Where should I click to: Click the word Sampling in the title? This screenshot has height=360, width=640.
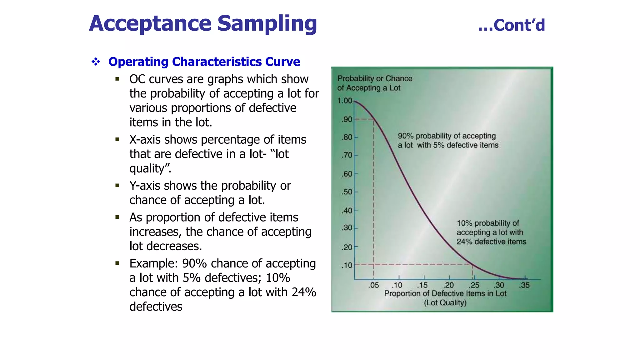click(x=267, y=24)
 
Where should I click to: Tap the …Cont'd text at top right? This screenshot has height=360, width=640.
click(x=512, y=25)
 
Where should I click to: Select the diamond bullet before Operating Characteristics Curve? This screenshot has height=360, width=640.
click(x=96, y=62)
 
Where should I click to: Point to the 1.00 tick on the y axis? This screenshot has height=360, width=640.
click(x=345, y=101)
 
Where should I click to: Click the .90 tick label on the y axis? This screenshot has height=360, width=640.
click(x=347, y=119)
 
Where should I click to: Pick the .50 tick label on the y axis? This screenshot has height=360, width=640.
click(x=347, y=192)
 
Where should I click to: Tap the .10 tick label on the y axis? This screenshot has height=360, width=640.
click(x=347, y=265)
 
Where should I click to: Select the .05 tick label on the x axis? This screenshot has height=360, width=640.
click(x=373, y=285)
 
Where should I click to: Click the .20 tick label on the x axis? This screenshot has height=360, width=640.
click(x=448, y=285)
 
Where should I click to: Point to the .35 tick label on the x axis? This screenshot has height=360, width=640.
click(x=524, y=285)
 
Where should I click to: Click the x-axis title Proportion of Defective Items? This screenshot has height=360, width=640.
click(x=445, y=294)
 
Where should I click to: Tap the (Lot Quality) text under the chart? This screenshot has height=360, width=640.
click(x=445, y=303)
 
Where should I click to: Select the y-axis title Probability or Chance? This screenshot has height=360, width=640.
click(x=375, y=78)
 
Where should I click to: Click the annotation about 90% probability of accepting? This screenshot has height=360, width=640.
click(x=447, y=140)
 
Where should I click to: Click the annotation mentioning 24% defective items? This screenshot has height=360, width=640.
click(x=491, y=232)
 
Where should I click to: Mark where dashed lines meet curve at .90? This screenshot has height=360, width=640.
click(x=374, y=119)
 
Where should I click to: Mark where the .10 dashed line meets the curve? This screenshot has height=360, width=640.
click(x=472, y=265)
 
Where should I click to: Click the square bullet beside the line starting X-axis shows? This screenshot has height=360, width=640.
click(x=117, y=139)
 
